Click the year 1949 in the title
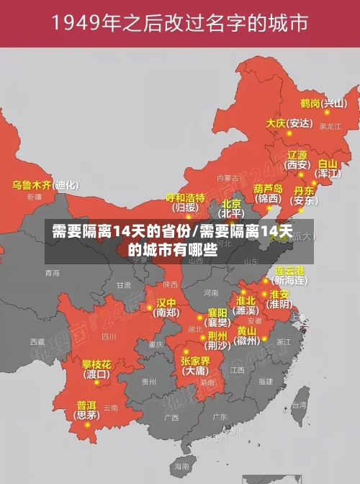click(81, 23)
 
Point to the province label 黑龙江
click(330, 126)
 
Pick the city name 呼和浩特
click(186, 197)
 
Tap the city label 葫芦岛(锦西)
click(269, 192)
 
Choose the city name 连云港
click(290, 270)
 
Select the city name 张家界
click(195, 361)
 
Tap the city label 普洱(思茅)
click(87, 410)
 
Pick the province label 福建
click(265, 381)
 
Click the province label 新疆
click(34, 196)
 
